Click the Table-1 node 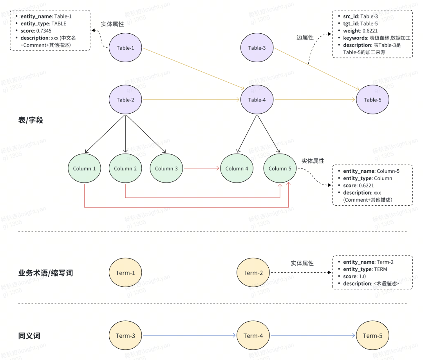pos(125,48)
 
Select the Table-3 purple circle pos(257,48)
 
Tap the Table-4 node pos(257,100)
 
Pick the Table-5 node pos(372,100)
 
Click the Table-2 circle pos(125,100)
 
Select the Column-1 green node pos(84,168)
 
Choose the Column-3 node pos(166,168)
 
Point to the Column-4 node pos(237,168)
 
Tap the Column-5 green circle pos(280,168)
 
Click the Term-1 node pos(125,273)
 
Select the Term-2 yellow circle pos(253,273)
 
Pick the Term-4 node pos(253,336)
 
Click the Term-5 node pos(372,336)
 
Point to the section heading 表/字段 pos(31,120)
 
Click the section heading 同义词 pos(29,336)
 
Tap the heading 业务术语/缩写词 pos(45,273)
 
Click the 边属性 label pos(305,38)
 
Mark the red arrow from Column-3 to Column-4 pos(201,168)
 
